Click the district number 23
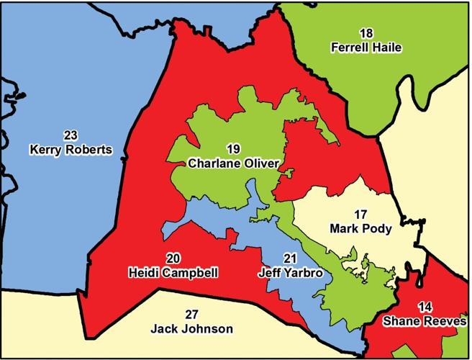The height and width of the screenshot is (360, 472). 71,136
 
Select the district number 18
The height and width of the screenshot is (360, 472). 366,33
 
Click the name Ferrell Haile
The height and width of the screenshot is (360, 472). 366,48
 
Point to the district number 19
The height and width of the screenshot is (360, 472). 232,149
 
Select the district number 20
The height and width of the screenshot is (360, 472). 173,258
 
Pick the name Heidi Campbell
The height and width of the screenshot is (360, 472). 173,273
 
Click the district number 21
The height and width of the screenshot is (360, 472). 290,258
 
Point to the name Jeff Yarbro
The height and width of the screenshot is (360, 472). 290,273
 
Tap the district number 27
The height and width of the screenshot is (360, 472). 191,315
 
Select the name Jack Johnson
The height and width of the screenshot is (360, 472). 191,329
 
